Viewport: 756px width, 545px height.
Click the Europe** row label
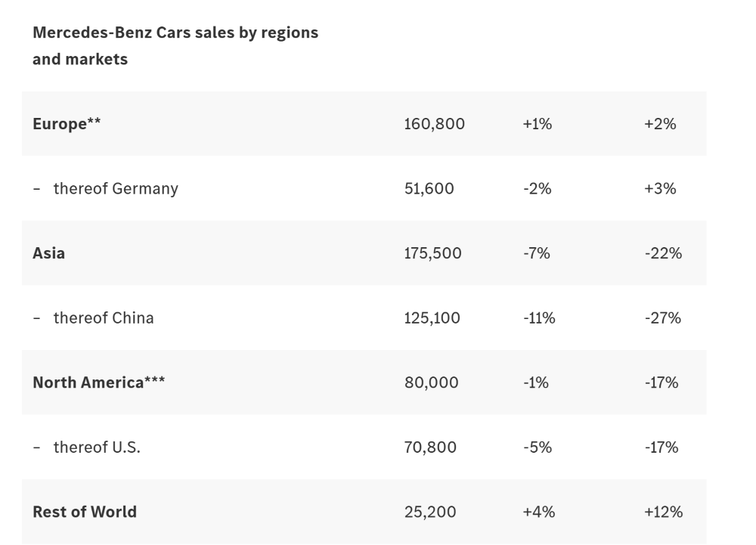67,124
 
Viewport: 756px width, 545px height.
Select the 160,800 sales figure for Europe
434,124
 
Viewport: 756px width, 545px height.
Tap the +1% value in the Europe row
537,124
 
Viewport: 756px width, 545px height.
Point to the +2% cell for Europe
659,124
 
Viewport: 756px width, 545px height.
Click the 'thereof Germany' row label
115,188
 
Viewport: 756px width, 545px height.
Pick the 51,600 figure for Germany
429,188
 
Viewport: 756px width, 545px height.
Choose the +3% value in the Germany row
659,188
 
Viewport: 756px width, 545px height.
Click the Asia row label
48,253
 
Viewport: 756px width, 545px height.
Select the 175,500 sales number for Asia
432,253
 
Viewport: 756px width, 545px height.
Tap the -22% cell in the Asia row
663,253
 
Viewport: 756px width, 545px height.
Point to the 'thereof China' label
103,317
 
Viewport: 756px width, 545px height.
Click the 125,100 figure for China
432,317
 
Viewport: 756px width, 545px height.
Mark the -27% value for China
662,317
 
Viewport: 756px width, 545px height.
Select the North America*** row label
98,382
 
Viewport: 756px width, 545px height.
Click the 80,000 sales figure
431,382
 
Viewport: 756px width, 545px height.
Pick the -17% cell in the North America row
661,382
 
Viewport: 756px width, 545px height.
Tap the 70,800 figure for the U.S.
430,447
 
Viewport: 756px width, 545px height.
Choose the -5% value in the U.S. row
537,447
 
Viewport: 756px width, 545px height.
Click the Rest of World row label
85,512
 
